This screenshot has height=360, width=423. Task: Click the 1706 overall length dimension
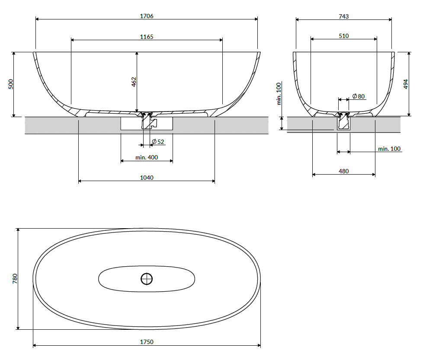[x=147, y=16]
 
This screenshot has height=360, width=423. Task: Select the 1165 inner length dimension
[x=147, y=37]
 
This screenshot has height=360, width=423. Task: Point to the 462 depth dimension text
[x=134, y=82]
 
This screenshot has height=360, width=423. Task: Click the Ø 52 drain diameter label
[x=158, y=141]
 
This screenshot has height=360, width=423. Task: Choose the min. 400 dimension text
[x=147, y=157]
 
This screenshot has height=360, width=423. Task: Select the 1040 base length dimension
[x=147, y=178]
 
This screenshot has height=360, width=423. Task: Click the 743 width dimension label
[x=343, y=16]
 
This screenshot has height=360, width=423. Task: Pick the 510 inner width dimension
[x=343, y=36]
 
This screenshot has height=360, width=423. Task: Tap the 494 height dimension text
[x=405, y=84]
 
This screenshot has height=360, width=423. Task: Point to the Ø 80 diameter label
[x=359, y=96]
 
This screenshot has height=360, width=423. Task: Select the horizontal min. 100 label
[x=389, y=149]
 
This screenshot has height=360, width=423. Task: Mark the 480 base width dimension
[x=343, y=171]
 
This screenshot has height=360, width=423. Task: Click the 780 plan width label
[x=15, y=278]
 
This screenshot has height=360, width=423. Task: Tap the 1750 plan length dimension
[x=147, y=342]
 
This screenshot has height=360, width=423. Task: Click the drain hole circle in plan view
[x=147, y=279]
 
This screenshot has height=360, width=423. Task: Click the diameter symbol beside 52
[x=154, y=141]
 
